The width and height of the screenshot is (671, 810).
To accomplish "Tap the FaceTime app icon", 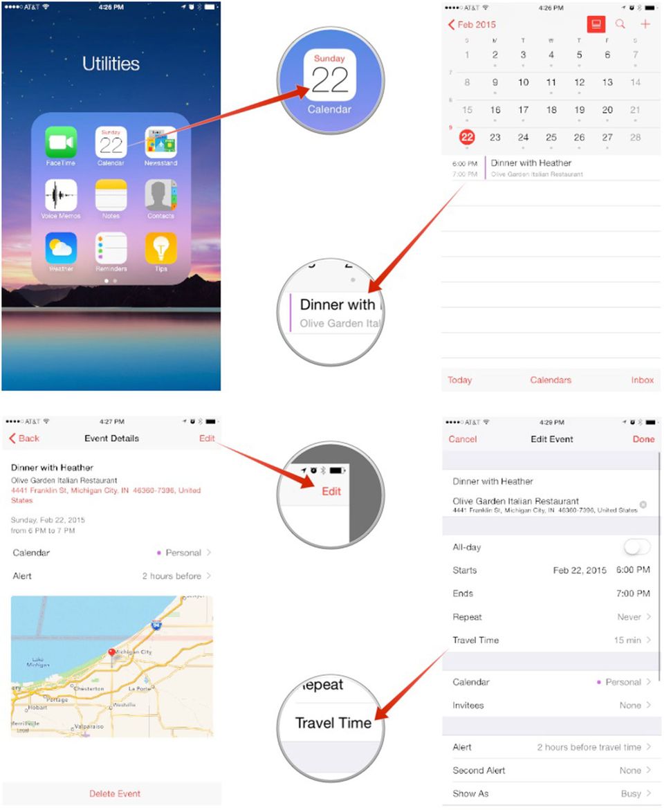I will pos(61,142).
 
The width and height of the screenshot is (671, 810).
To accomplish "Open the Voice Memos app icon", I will pos(61,195).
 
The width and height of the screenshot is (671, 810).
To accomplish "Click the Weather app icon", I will pos(61,248).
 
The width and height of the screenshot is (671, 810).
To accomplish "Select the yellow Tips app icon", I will pos(160,248).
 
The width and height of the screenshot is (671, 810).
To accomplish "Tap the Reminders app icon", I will pos(111,248).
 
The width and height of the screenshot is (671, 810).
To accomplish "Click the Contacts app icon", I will pos(160,195).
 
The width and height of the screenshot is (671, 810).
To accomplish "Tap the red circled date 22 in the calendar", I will pos(468,137).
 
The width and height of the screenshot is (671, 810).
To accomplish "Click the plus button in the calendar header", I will pos(645,25).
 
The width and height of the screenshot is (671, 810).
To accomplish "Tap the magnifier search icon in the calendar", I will pos(620,25).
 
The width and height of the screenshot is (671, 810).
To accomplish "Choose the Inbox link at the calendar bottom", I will pos(642,380).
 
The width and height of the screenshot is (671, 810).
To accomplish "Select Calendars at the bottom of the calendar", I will pos(551,380).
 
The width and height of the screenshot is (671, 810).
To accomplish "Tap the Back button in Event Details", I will pos(24,439).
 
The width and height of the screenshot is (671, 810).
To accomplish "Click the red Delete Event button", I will pos(115,793).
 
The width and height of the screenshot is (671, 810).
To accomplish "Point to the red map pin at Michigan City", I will pos(112,652).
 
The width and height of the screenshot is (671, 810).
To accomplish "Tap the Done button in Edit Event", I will pos(643,439).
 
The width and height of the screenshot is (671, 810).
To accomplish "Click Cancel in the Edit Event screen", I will pos(463,439).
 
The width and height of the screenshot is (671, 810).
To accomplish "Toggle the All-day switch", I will pos(636,548).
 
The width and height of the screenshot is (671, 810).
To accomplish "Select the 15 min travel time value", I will pos(627,641).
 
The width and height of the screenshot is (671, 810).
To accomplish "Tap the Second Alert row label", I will pos(479,771).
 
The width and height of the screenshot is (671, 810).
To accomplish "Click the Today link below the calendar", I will pos(460,380).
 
